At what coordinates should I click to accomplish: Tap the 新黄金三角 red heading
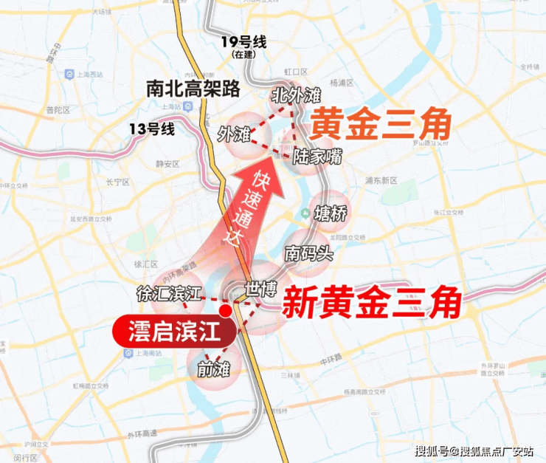point(373,301)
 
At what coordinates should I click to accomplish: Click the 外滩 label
point(234,134)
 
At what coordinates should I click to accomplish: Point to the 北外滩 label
point(296,95)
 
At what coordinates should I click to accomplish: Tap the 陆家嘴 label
point(317,157)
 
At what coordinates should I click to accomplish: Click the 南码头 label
point(309,253)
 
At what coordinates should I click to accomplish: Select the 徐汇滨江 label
point(168,292)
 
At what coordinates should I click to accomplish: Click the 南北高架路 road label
point(193,89)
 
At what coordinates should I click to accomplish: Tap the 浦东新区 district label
point(379,180)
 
